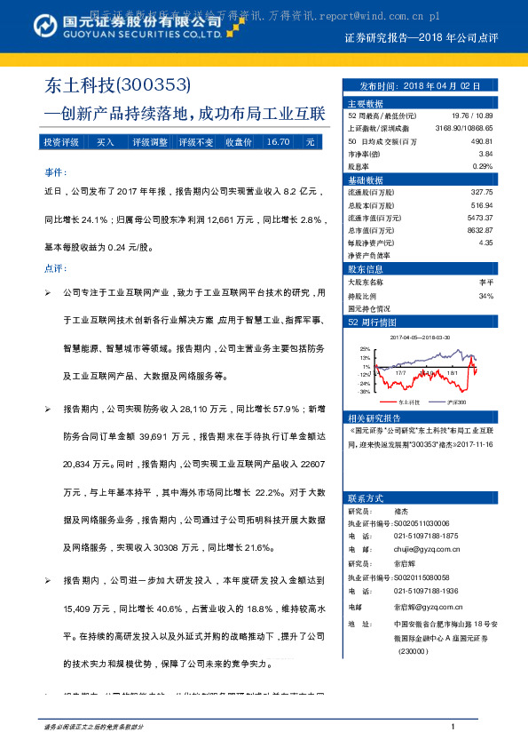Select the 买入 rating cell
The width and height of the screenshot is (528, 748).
tap(105, 142)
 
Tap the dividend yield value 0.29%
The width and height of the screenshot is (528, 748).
tap(482, 166)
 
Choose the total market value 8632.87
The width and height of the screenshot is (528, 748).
tap(477, 229)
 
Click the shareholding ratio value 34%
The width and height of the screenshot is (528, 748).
tap(485, 296)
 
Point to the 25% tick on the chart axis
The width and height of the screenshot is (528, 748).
tap(365, 350)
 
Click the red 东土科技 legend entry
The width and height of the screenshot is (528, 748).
tap(389, 402)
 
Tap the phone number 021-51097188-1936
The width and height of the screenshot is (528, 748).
tap(426, 592)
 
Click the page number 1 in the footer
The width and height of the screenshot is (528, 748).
tap(453, 728)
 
